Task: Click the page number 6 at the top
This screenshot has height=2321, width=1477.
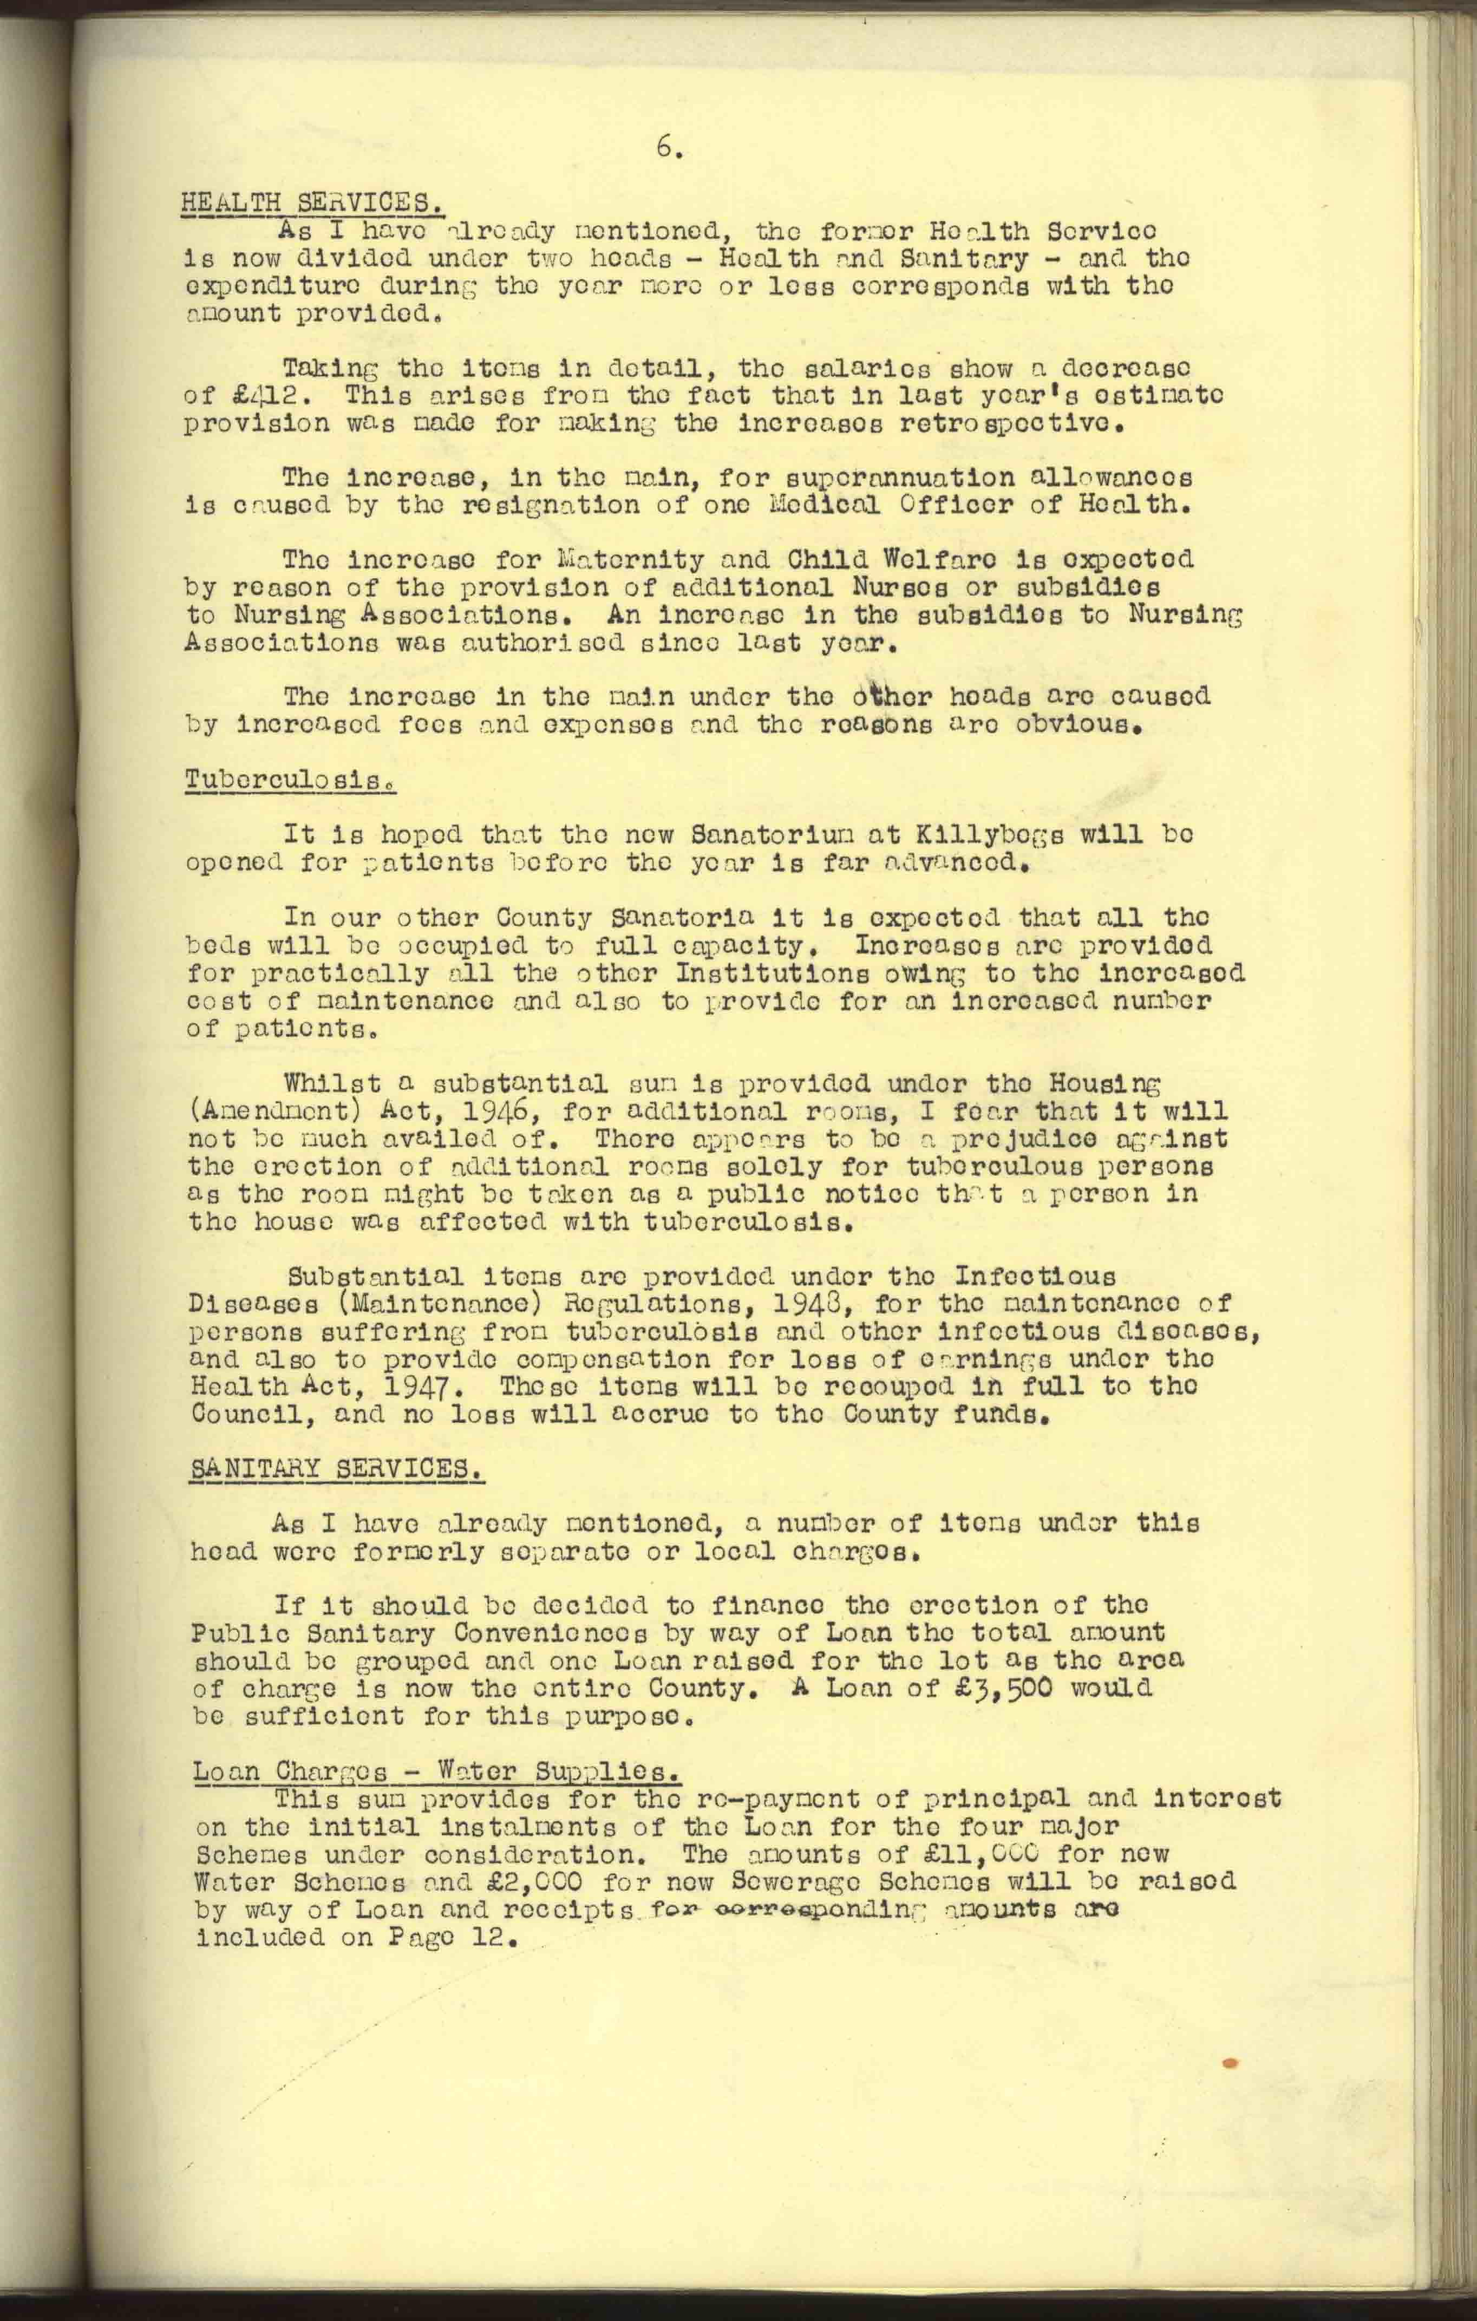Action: pos(669,147)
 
